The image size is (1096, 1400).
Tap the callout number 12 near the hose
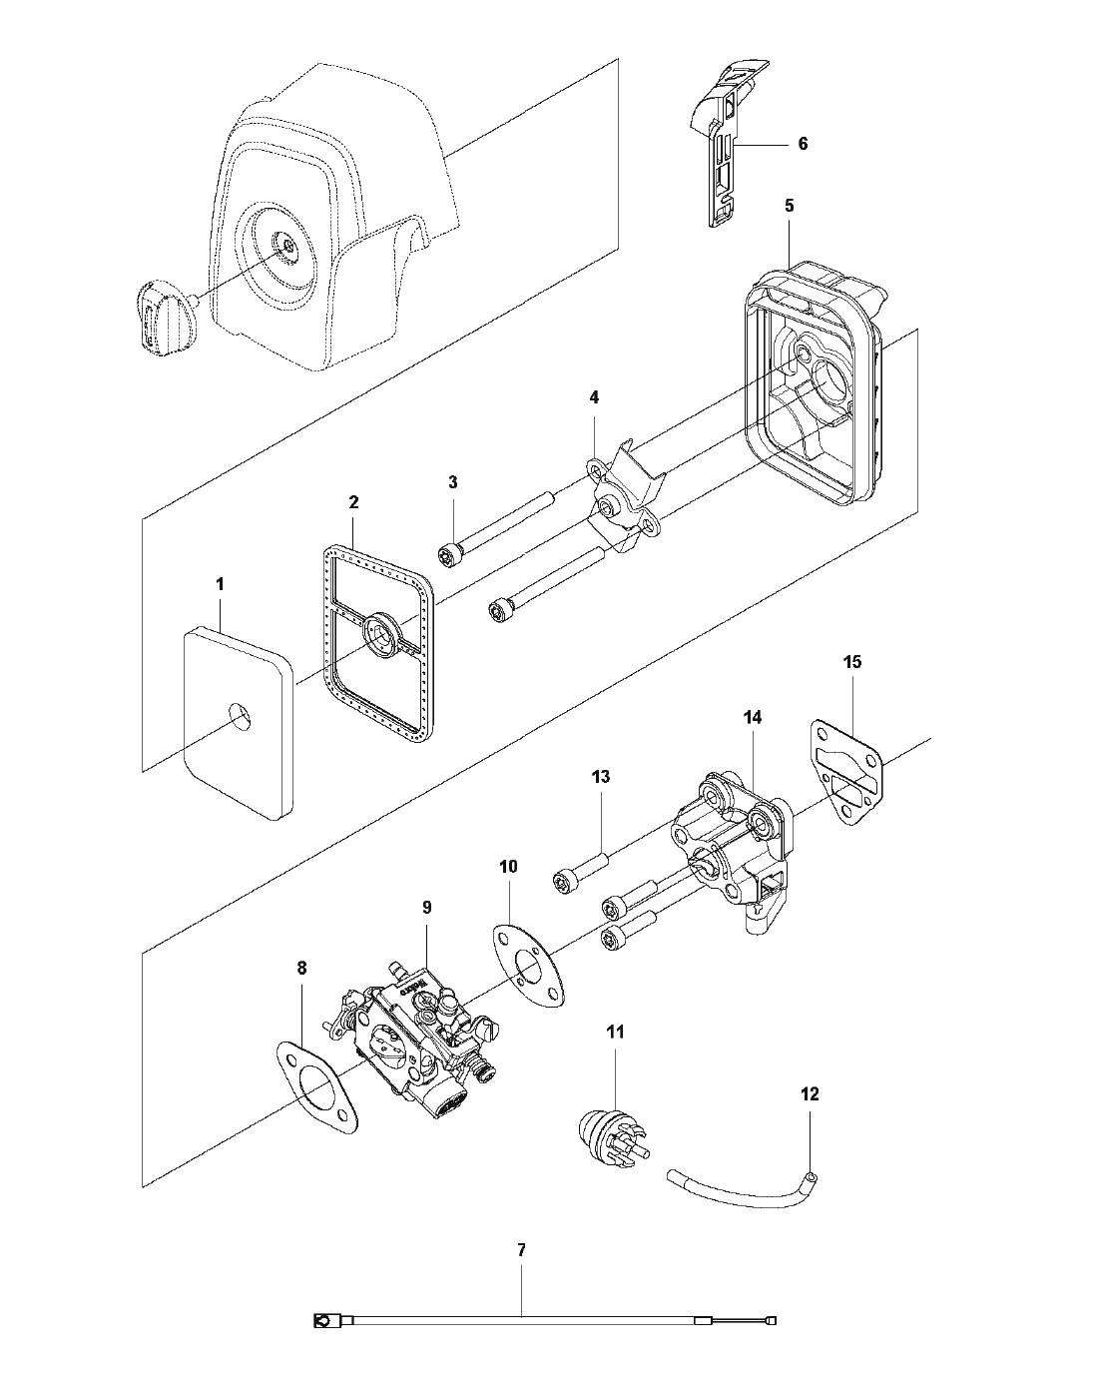pyautogui.click(x=810, y=1094)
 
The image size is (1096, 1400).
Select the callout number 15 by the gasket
pyautogui.click(x=852, y=661)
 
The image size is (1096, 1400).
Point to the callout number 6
pyautogui.click(x=803, y=144)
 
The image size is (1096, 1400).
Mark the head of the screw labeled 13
pyautogui.click(x=564, y=880)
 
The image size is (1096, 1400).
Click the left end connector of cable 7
pyautogui.click(x=323, y=1322)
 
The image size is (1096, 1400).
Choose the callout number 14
pyautogui.click(x=752, y=717)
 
